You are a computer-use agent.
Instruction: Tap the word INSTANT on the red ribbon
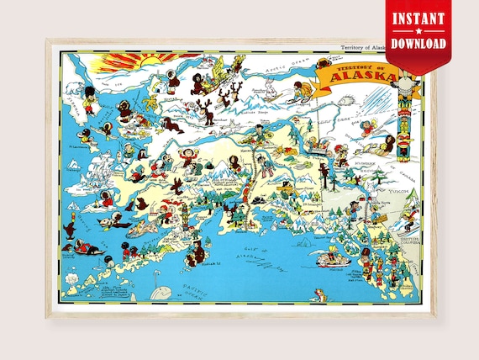click(418, 17)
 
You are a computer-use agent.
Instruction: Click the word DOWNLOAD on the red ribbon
click(418, 42)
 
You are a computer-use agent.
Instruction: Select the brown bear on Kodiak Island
click(197, 250)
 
